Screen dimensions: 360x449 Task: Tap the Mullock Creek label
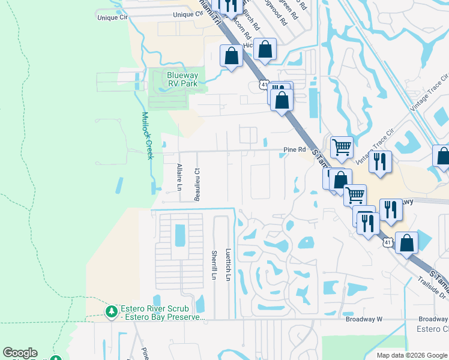point(147,136)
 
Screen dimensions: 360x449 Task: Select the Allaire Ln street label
point(179,177)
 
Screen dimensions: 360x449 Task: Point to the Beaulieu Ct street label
point(196,185)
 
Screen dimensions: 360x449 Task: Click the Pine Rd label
point(294,150)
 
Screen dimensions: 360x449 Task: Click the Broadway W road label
point(364,319)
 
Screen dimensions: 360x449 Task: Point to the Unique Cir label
point(113,18)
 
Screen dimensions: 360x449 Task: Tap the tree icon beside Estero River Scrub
point(110,311)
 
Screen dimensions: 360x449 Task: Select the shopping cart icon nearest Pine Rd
point(341,146)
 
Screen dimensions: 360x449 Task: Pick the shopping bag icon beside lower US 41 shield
point(406,243)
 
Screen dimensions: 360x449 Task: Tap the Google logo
point(20,353)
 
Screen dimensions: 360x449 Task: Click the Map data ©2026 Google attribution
point(411,355)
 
